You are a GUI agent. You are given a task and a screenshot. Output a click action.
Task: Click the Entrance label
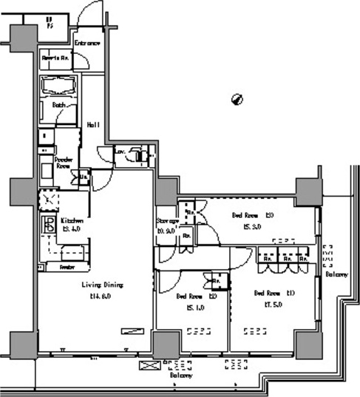click(x=87, y=43)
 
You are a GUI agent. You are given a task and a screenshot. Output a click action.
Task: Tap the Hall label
click(x=93, y=124)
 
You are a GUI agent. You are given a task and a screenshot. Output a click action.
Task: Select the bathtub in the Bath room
click(x=60, y=86)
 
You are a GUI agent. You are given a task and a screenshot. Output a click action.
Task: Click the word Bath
click(x=59, y=105)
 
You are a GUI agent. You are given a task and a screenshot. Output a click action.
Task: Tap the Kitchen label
click(x=72, y=220)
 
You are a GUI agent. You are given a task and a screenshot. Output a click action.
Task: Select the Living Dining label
click(x=102, y=285)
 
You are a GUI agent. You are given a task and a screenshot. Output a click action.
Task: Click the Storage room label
click(x=167, y=221)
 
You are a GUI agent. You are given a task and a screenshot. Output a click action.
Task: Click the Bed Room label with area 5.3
click(x=253, y=215)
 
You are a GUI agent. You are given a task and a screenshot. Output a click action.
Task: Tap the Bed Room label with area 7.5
click(x=274, y=293)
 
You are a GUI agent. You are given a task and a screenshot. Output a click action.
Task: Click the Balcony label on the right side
click(x=336, y=274)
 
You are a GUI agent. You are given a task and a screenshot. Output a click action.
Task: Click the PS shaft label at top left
click(x=50, y=22)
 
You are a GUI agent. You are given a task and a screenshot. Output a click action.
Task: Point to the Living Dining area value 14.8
click(x=100, y=296)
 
